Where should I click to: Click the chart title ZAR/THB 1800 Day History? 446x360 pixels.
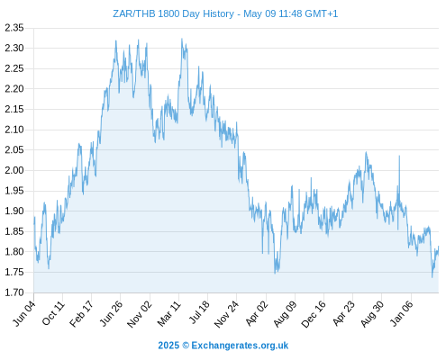173,13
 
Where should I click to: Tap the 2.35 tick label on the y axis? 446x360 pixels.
14,28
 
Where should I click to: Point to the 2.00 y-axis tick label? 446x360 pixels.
14,170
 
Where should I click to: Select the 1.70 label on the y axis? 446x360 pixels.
14,292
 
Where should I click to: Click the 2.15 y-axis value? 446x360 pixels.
14,109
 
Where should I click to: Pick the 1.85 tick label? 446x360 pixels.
14,231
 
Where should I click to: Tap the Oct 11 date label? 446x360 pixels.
53,313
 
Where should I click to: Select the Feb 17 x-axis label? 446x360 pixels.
82,313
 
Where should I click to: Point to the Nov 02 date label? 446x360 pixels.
140,314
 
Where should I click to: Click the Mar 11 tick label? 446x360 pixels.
168,314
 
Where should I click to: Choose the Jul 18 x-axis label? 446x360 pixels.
199,312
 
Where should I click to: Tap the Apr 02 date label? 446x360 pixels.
256,313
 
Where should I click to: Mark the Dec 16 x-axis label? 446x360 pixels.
314,314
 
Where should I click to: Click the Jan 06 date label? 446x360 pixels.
401,313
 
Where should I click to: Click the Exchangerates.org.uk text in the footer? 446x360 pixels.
240,346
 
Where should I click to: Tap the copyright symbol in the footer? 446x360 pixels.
186,346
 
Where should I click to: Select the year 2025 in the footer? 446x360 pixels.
168,346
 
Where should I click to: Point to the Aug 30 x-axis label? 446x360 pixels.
372,314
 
